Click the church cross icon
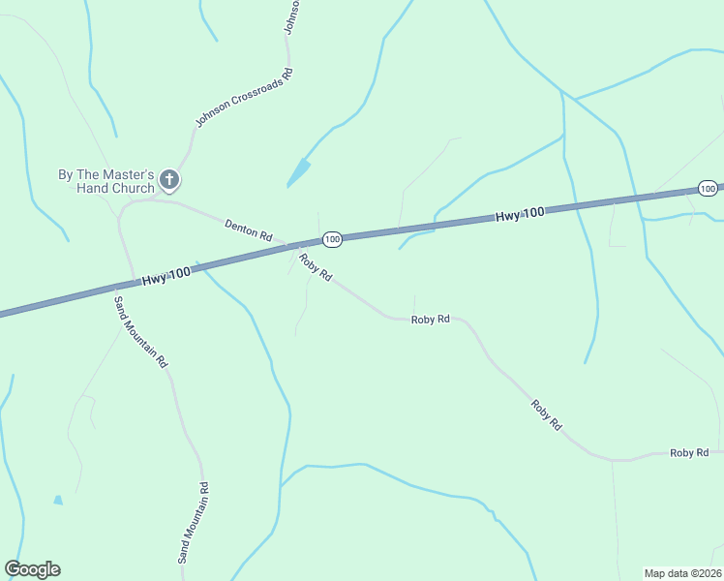[169, 179]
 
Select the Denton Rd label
[248, 229]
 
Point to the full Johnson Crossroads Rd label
[244, 98]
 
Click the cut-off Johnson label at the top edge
[291, 17]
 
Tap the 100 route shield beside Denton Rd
[332, 238]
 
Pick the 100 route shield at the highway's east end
[708, 188]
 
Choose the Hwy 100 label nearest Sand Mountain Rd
[166, 276]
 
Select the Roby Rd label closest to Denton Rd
[316, 267]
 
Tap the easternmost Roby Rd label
[689, 452]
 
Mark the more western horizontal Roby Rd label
[430, 319]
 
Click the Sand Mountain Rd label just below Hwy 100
[141, 331]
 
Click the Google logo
[32, 569]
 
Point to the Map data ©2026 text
[682, 573]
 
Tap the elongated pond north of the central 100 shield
[299, 173]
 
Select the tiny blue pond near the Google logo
[58, 500]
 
